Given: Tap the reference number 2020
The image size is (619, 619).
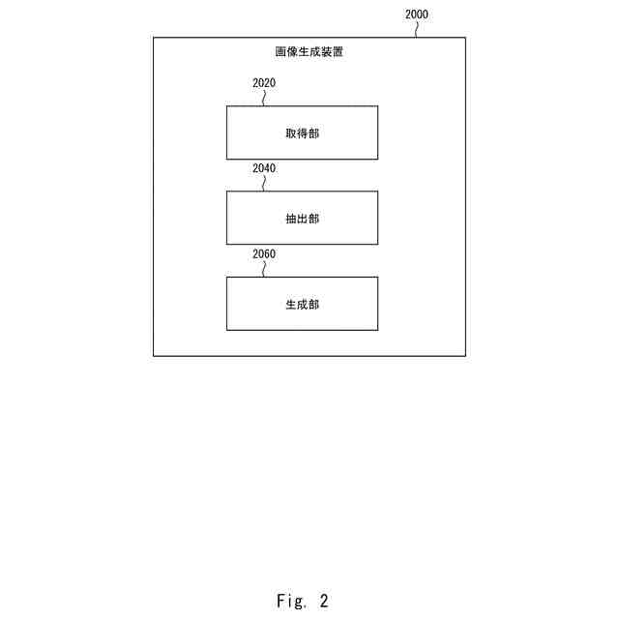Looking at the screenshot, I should point(264,83).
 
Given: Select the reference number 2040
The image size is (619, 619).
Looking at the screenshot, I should point(264,168).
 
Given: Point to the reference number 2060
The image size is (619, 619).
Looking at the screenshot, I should point(264,254).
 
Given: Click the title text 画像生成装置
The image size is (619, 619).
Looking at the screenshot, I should point(309,51).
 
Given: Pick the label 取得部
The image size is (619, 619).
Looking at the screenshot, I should point(302,133).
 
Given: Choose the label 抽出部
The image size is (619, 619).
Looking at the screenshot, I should point(302,219).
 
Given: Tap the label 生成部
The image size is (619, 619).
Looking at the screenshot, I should point(302,304).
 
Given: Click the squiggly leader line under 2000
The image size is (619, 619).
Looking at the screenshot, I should point(418,29).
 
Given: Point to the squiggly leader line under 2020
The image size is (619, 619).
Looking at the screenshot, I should point(264,98).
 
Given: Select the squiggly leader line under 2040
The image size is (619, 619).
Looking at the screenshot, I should point(264,183).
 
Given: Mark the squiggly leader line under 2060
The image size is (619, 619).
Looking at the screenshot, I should point(264,269).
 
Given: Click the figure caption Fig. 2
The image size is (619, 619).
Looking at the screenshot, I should point(302,601).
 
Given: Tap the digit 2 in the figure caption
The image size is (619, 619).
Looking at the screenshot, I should point(324,601).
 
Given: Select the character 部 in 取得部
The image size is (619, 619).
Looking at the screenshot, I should point(313,133).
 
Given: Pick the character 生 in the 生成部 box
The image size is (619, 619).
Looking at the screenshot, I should point(290,304).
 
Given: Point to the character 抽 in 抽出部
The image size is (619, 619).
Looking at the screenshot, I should point(290,219).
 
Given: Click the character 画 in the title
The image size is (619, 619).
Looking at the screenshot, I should point(280,51).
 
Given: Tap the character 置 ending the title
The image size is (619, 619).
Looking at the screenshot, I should point(337,51).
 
